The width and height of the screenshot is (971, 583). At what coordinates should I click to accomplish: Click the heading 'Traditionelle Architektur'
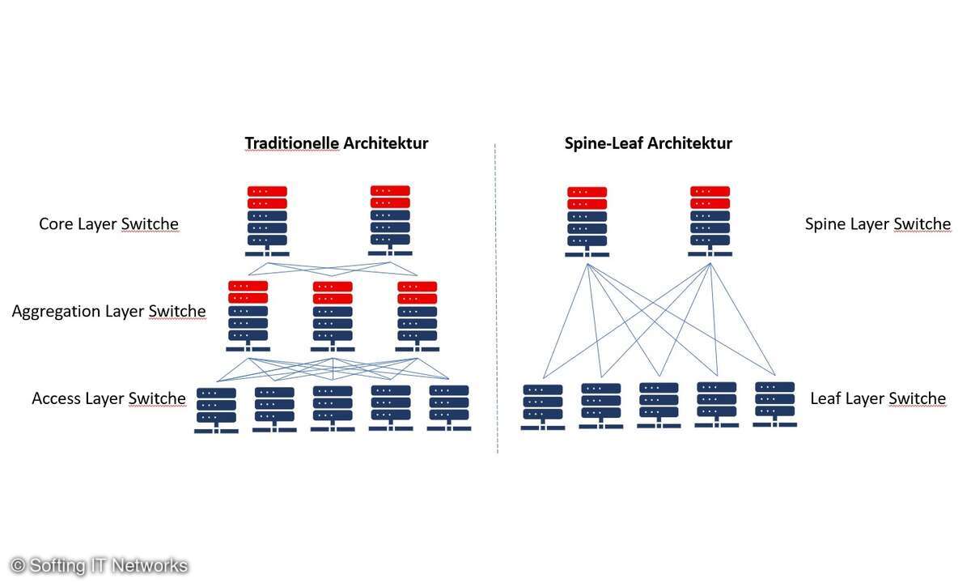(336, 143)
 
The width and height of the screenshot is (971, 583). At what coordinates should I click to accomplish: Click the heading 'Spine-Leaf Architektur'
(648, 143)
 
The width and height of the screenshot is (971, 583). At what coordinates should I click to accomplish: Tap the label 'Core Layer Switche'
(108, 223)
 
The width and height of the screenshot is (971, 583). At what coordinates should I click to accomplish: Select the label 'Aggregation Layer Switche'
(108, 311)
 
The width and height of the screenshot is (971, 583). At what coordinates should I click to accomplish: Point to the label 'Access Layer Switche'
(108, 398)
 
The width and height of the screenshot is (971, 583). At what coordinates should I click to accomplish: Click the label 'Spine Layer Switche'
(877, 223)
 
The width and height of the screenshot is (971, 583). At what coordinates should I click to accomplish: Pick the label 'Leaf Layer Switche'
(877, 398)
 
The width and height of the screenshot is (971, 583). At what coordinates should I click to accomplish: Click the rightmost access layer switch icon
(449, 407)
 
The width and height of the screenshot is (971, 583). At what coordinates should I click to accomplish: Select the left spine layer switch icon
(587, 221)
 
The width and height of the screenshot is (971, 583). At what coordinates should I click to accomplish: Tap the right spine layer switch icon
(710, 221)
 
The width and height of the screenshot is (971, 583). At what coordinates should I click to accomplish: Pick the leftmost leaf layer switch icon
(543, 406)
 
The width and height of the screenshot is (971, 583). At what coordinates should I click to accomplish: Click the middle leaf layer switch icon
(659, 404)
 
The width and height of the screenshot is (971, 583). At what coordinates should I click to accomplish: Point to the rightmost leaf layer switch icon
(775, 403)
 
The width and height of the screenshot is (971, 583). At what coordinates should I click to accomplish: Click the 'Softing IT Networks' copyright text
(100, 566)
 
